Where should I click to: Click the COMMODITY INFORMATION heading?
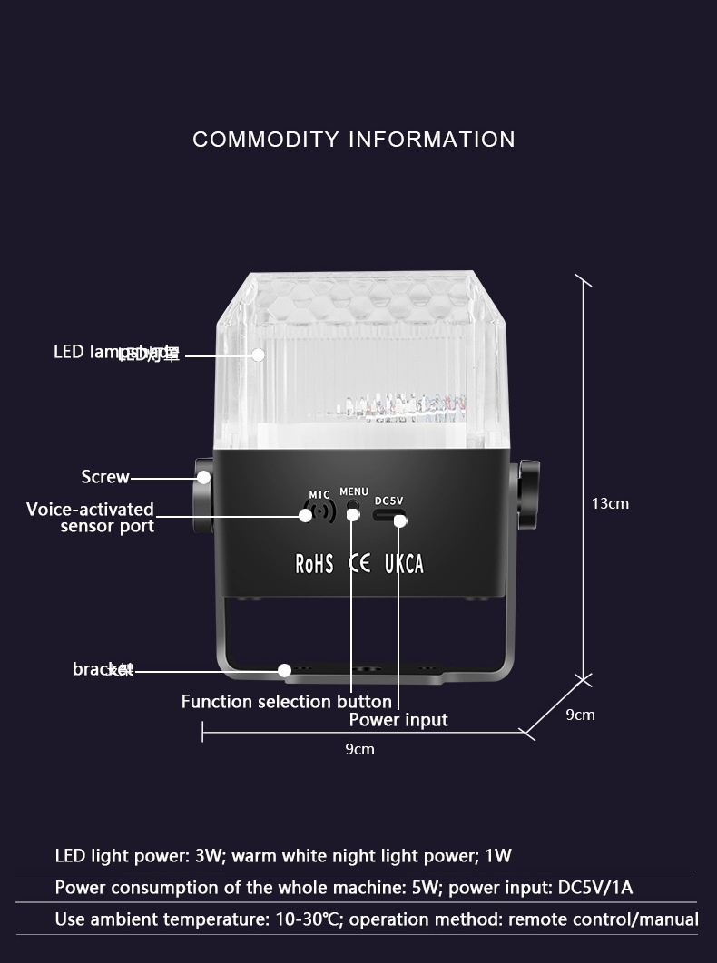[x=354, y=140]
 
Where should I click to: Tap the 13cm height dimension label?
[x=610, y=503]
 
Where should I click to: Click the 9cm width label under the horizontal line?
[x=359, y=749]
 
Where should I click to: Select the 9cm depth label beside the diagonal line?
[x=580, y=715]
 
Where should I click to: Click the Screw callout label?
[x=105, y=477]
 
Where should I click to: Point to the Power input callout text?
[x=398, y=720]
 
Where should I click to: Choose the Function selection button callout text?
[x=287, y=702]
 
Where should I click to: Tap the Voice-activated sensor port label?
[x=91, y=518]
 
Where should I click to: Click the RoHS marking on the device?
[x=314, y=564]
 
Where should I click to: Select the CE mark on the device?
[x=359, y=563]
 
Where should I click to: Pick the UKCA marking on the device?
[x=404, y=564]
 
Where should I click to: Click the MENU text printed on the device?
[x=354, y=492]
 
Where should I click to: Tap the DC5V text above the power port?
[x=388, y=501]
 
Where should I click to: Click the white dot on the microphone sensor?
[x=306, y=515]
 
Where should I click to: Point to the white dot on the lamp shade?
[x=258, y=355]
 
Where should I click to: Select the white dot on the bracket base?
[x=284, y=670]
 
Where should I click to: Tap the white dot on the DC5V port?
[x=399, y=520]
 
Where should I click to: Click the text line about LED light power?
[x=283, y=856]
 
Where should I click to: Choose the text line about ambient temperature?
[x=376, y=919]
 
